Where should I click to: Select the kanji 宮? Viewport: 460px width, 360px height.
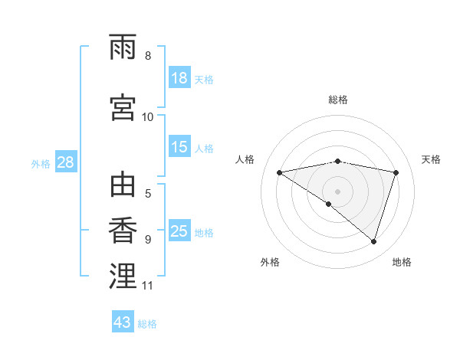tap(123, 106)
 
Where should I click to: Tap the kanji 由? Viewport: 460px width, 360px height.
tap(123, 186)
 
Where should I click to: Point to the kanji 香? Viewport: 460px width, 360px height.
tap(123, 231)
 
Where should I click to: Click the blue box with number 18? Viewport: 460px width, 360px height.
tap(179, 78)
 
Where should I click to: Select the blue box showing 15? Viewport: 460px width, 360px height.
tap(179, 147)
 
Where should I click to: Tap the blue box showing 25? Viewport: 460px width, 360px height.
tap(179, 231)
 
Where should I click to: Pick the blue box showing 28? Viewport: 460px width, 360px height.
tap(65, 162)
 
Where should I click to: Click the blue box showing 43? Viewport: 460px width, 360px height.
tap(123, 322)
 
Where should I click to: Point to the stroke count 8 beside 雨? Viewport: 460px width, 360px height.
tap(148, 56)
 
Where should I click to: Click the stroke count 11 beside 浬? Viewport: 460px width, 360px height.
tap(148, 286)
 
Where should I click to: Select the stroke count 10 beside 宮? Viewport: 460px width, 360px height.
tap(148, 117)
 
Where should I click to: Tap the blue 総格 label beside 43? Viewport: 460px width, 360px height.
tap(147, 324)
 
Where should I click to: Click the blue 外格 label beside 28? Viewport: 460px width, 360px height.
tap(41, 163)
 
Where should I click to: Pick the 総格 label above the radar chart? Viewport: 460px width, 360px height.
tap(337, 100)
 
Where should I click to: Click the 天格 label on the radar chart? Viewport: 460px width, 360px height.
tap(431, 159)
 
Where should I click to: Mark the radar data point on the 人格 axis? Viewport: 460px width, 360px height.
tap(279, 172)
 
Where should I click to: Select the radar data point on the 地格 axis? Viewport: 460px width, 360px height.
tap(373, 241)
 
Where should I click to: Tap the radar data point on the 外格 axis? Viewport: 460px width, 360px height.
tap(329, 204)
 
